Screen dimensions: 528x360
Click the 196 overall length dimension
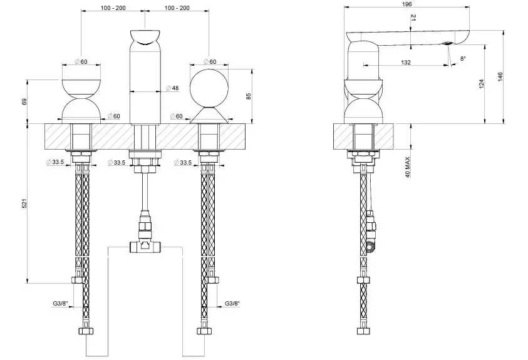point(406,4)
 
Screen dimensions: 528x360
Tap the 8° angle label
point(463,59)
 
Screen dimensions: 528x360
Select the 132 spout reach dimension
point(406,62)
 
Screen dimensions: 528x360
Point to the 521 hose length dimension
point(24,203)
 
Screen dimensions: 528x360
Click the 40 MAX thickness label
point(408,167)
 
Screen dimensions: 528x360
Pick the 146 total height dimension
point(500,77)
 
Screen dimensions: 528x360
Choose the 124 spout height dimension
point(481,84)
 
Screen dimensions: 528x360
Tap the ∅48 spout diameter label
point(172,88)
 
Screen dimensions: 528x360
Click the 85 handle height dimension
point(249,96)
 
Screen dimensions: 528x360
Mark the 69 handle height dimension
point(24,101)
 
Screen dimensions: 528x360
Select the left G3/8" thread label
point(60,304)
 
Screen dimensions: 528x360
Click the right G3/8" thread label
point(232,304)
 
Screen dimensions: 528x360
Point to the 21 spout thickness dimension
point(414,18)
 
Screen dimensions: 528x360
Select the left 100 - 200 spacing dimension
point(113,8)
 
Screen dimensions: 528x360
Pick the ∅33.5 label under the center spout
point(116,163)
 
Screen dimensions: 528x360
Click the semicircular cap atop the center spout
point(145,37)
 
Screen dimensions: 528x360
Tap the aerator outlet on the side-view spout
point(448,43)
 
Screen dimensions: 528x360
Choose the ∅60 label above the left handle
point(81,61)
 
